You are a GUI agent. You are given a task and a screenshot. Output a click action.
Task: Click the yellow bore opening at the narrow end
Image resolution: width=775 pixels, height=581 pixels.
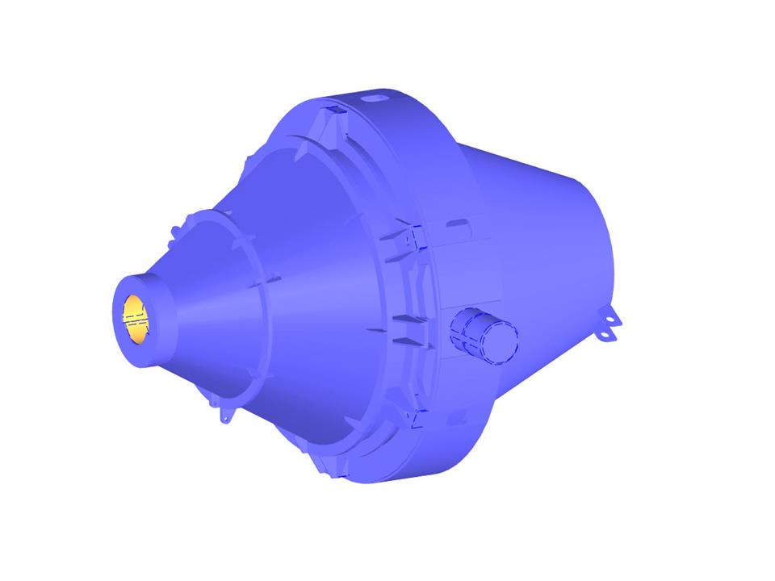[x=136, y=316]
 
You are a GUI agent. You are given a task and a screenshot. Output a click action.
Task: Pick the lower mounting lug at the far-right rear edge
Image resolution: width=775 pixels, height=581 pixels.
[x=605, y=331]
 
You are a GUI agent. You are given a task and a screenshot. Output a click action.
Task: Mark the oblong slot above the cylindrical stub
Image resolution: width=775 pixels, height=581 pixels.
[x=455, y=221]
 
